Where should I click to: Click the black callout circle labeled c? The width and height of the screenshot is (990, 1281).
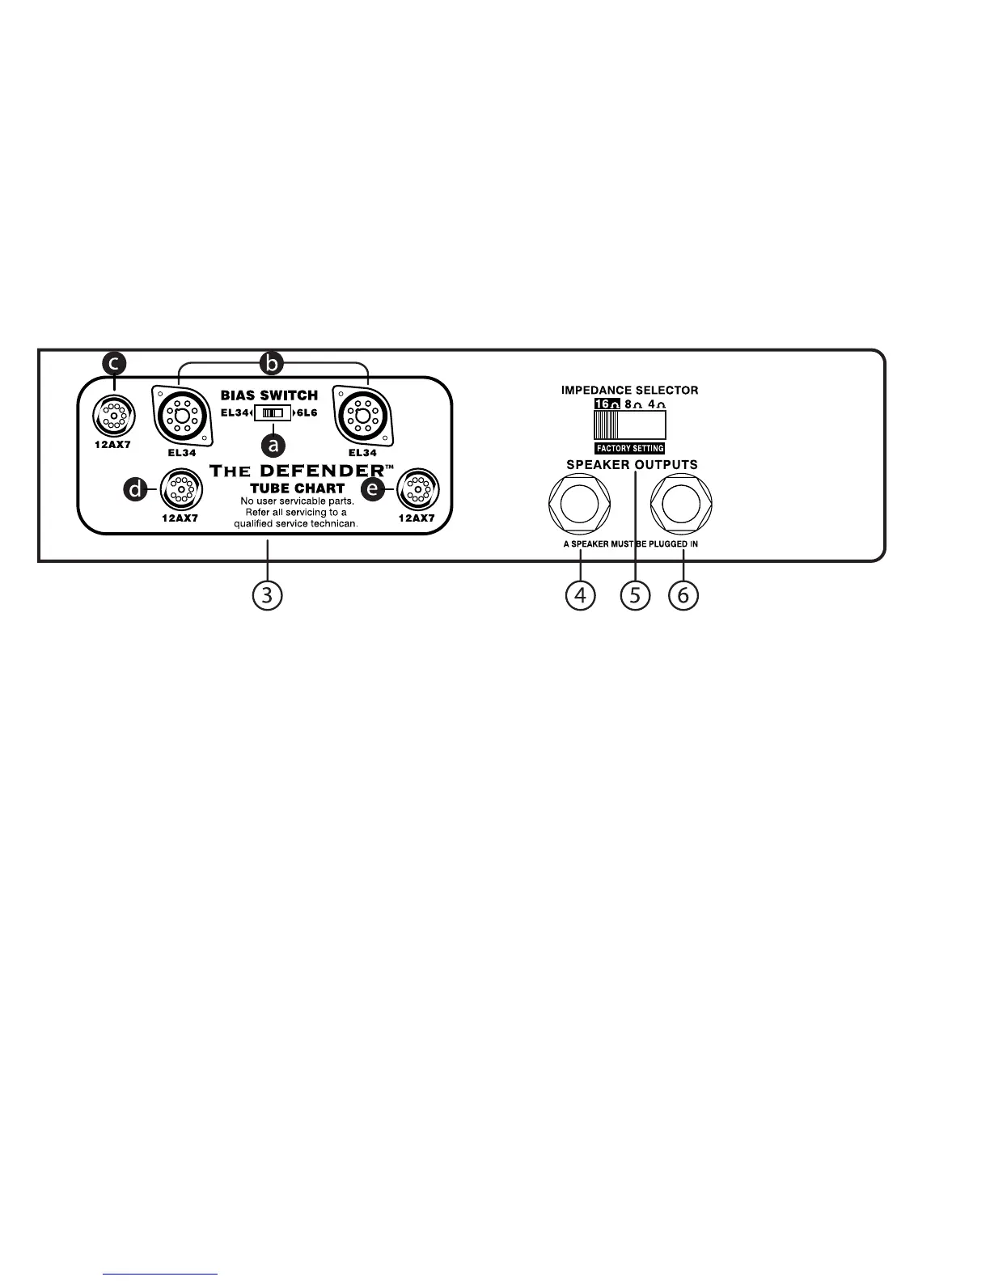coord(115,362)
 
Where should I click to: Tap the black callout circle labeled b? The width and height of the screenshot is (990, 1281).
coord(273,364)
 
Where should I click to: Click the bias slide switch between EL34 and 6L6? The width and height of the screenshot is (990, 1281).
coord(272,413)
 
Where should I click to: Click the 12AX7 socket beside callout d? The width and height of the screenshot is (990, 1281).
coord(181,491)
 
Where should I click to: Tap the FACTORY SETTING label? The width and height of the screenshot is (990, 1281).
coord(629,448)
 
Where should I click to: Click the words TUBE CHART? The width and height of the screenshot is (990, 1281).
coord(297,488)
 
